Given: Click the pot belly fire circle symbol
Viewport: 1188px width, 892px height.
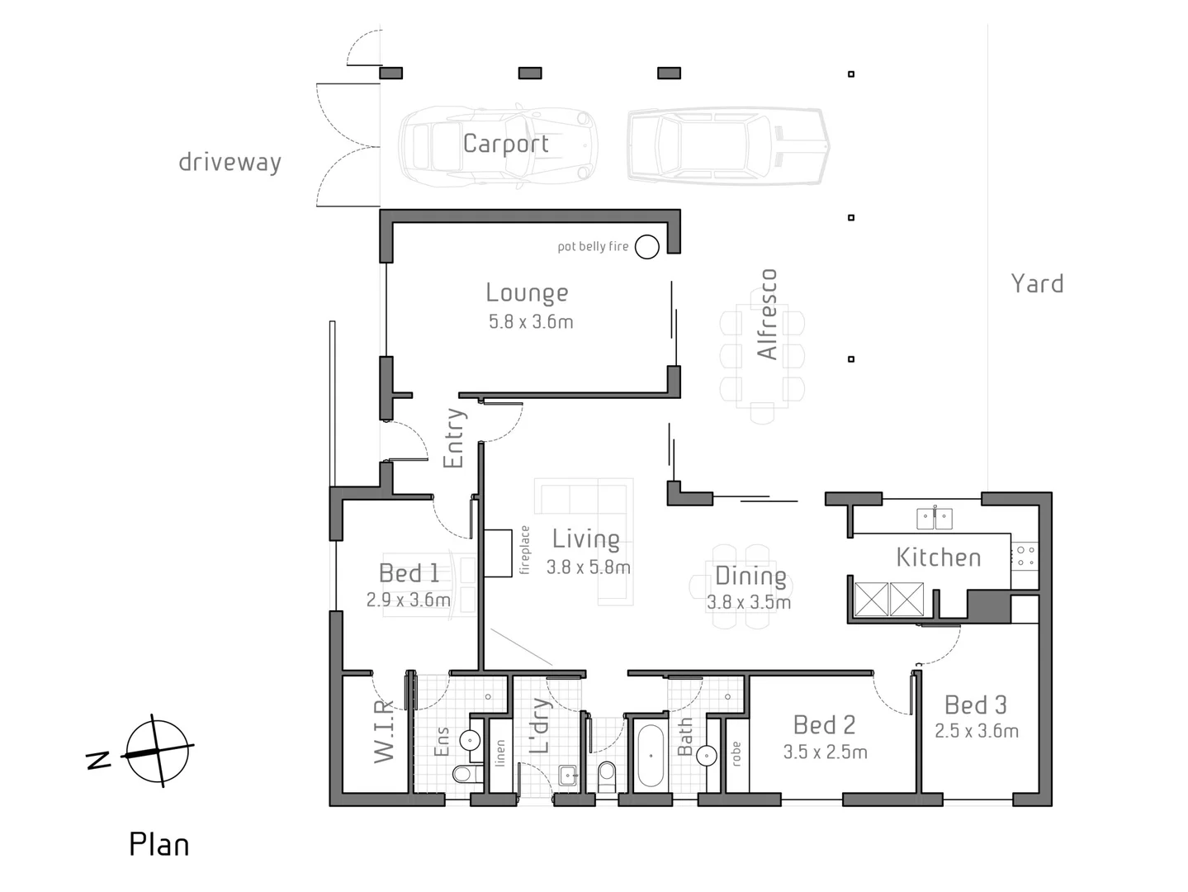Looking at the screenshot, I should [x=646, y=246].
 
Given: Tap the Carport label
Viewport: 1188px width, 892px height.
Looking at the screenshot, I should [x=505, y=144].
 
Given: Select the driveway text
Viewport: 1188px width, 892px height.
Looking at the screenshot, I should [x=230, y=162].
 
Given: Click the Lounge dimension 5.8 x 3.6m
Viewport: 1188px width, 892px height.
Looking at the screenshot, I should [x=530, y=322].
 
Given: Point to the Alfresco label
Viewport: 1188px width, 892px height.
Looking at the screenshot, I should [x=767, y=314].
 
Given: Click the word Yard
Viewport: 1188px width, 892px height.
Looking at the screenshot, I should [x=1037, y=283].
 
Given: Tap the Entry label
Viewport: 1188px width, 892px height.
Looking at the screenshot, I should [x=454, y=439].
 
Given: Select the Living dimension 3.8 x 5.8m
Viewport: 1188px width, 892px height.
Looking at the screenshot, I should [x=588, y=567].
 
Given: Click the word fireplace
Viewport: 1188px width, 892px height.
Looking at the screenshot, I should [x=524, y=550].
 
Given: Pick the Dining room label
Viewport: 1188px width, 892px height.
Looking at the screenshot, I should [x=750, y=576].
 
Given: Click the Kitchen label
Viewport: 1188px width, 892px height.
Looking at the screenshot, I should [x=939, y=557].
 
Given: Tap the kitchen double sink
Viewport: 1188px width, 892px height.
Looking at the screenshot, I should [x=934, y=519].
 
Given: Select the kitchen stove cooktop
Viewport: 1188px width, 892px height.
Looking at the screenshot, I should [x=1025, y=556].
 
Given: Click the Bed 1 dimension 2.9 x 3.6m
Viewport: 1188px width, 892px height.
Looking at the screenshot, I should [x=408, y=600].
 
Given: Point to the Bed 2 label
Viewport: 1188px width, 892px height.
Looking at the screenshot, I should [x=824, y=724].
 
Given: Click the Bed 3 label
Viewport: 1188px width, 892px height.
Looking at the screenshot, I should [x=975, y=705].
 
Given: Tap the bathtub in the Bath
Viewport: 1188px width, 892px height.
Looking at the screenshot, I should [x=650, y=756].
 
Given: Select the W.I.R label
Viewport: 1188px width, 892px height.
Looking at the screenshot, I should [x=384, y=731].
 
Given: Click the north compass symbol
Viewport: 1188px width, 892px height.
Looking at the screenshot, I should [x=156, y=752].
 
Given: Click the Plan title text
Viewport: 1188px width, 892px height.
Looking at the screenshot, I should [x=159, y=845].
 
